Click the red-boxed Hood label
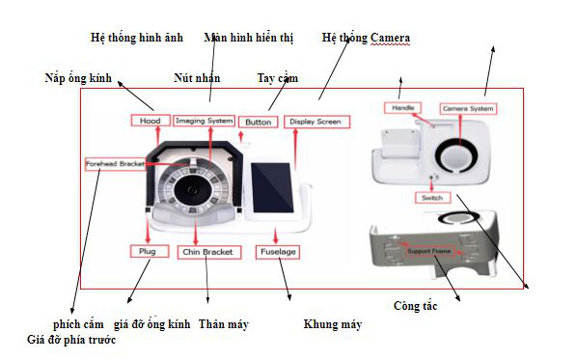pyautogui.click(x=150, y=121)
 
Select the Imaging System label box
pyautogui.click(x=204, y=121)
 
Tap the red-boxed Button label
pyautogui.click(x=258, y=123)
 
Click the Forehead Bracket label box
pyautogui.click(x=114, y=164)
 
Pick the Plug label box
pyautogui.click(x=150, y=251)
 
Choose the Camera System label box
pyautogui.click(x=469, y=109)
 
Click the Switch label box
pyautogui.click(x=429, y=198)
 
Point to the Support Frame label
pyautogui.click(x=430, y=251)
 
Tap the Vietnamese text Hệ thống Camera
pyautogui.click(x=366, y=39)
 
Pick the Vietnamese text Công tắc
pyautogui.click(x=416, y=306)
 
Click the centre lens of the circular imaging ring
pyautogui.click(x=193, y=190)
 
